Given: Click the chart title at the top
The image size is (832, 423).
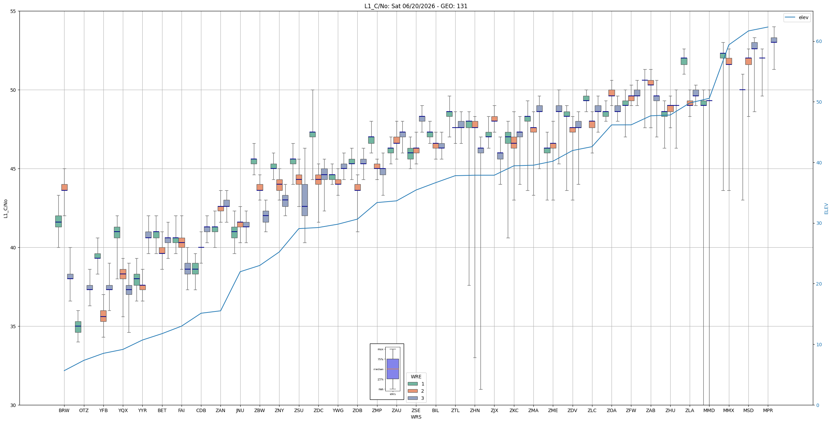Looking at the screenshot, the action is [x=416, y=6].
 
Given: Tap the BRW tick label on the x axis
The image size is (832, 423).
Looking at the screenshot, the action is [x=64, y=410].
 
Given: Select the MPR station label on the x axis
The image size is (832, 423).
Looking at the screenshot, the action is [x=768, y=410].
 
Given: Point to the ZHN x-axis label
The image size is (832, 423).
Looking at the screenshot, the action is [x=475, y=410].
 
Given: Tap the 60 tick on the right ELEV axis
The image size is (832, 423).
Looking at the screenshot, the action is [x=818, y=42].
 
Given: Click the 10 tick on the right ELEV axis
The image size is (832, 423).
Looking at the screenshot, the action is [x=818, y=345].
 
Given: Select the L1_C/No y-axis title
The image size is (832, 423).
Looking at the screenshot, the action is [x=5, y=208].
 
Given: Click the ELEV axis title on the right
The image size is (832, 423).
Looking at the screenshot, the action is [x=826, y=208].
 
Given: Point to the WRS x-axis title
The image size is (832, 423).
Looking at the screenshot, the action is [x=416, y=417].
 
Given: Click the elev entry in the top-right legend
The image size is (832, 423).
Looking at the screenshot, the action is [x=797, y=17].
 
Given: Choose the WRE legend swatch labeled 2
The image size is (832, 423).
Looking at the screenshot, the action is [x=413, y=391].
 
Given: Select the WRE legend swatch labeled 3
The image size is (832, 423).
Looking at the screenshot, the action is [x=413, y=398].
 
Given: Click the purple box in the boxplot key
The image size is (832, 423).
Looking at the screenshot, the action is [x=392, y=369].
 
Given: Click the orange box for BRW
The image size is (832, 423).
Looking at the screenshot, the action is [x=64, y=187].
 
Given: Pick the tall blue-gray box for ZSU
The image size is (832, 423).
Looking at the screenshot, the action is [x=305, y=200].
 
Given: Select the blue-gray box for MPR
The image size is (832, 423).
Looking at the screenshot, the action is [x=774, y=40].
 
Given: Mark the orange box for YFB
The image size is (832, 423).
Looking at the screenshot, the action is [x=103, y=316].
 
